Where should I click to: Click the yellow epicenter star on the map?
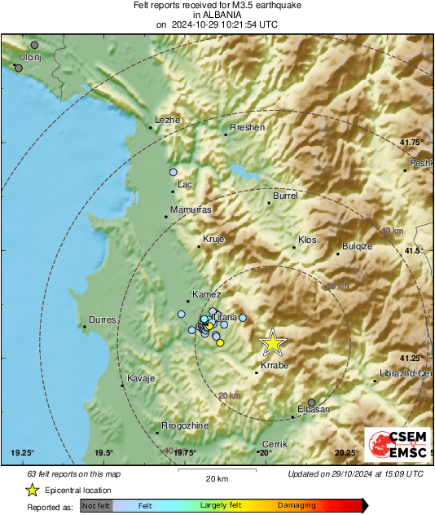click(273, 343)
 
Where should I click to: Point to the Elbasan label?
click(312, 408)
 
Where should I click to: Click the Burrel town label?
click(285, 196)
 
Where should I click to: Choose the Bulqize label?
click(357, 246)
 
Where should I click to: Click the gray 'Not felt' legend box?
click(96, 506)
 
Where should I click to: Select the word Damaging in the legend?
click(297, 506)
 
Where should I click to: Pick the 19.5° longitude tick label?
click(103, 453)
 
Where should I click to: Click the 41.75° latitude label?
click(411, 143)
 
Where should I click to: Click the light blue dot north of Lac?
click(174, 173)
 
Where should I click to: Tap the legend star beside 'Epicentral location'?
click(33, 490)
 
